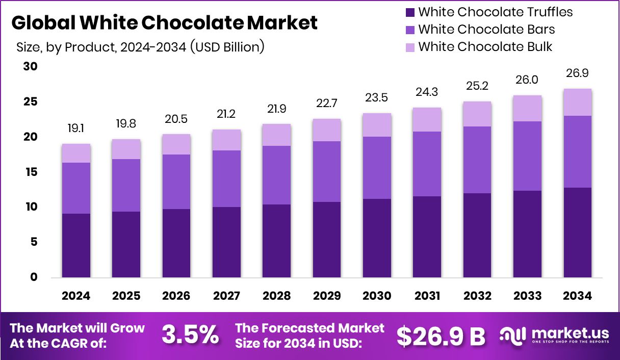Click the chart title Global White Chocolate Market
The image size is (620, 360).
(x=164, y=23)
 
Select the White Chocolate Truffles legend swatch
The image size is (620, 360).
(x=410, y=12)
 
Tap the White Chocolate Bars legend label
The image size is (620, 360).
(x=486, y=30)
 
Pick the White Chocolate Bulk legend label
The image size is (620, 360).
(x=485, y=47)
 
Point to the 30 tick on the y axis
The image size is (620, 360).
(x=31, y=67)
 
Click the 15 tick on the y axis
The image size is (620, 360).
(x=31, y=172)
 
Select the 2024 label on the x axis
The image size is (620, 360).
(x=76, y=296)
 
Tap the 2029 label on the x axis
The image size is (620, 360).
(x=327, y=296)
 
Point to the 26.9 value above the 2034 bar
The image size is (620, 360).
(x=578, y=74)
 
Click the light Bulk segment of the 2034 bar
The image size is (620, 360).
(x=578, y=102)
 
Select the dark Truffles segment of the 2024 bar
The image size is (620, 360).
(x=76, y=246)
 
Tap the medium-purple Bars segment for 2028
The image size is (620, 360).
(x=277, y=175)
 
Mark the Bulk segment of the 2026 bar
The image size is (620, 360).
(x=176, y=144)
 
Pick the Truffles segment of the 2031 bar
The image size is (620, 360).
(x=427, y=237)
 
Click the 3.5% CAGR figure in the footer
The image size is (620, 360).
(x=190, y=336)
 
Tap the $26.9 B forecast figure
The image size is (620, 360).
(x=441, y=336)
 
